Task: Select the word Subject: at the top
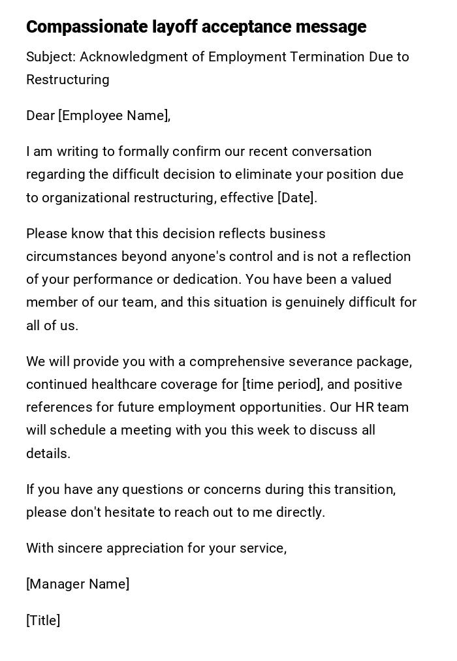(51, 57)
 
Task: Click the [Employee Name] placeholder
(114, 115)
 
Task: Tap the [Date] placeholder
(296, 198)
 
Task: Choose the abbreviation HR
(363, 407)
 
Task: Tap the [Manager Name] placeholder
(78, 584)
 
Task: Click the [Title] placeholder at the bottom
(43, 621)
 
